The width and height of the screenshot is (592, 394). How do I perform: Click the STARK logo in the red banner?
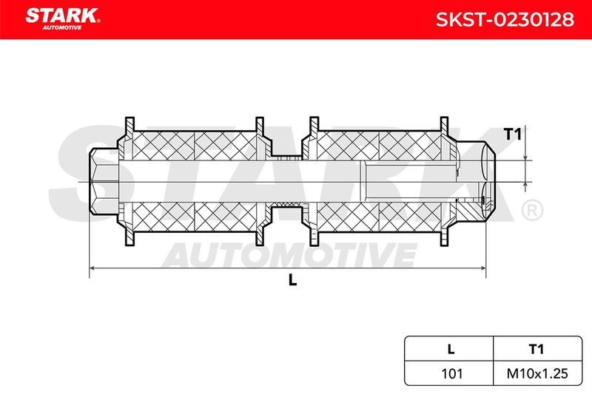coord(62,16)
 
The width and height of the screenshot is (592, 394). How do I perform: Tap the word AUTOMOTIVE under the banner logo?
coord(62,28)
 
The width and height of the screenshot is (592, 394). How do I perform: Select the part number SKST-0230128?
coord(505,19)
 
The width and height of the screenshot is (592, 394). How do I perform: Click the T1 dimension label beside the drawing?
coord(512,135)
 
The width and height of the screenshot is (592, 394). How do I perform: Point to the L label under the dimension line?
coord(292,280)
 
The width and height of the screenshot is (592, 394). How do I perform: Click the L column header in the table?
coord(451,349)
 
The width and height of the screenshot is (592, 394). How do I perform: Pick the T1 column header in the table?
coord(536,349)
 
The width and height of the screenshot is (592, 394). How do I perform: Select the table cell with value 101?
coord(451,373)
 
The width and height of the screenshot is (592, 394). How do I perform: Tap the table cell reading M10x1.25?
coord(537,373)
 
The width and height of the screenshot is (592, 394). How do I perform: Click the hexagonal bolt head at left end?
coord(104,182)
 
